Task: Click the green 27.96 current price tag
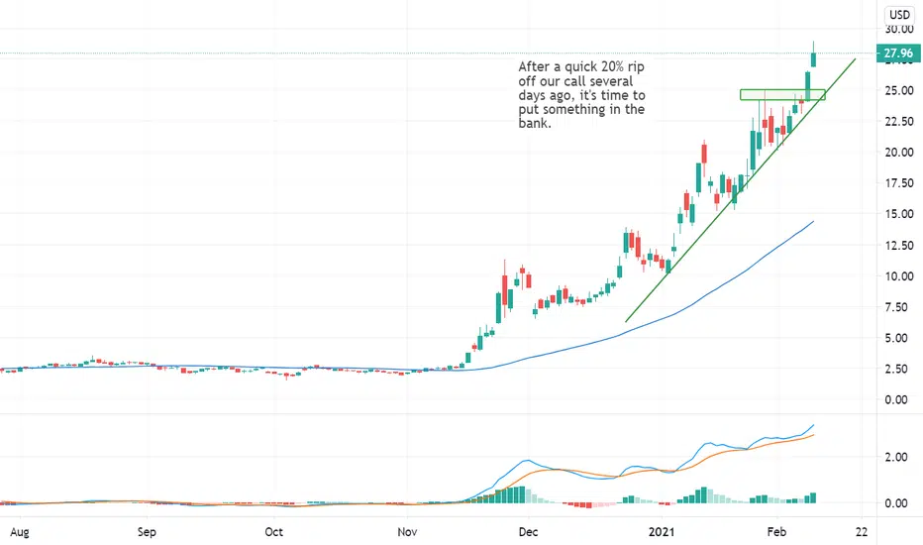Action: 898,54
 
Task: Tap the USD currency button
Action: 899,15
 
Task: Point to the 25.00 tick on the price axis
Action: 899,90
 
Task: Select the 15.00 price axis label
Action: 899,214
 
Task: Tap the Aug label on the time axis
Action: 20,532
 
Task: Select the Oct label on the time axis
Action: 273,532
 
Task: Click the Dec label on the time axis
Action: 528,532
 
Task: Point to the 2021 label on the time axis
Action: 661,532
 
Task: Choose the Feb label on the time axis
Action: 776,532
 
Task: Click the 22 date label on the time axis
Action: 862,532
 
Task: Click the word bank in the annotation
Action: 534,124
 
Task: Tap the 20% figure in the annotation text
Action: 612,66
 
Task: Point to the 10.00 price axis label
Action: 899,275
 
